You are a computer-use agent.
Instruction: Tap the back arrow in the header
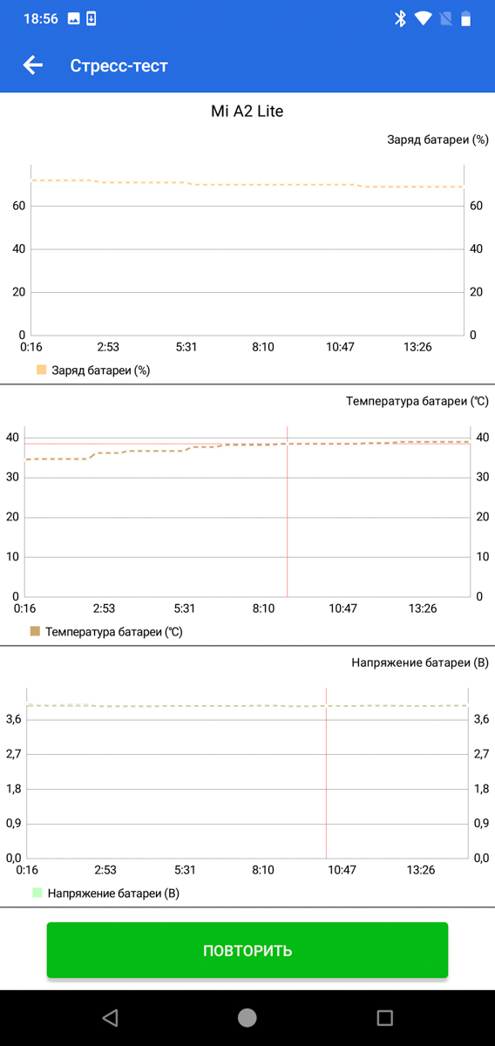pos(33,65)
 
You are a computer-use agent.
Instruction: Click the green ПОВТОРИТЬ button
pos(247,950)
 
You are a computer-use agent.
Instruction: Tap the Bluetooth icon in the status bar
pos(400,18)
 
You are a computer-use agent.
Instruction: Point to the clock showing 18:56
pos(41,18)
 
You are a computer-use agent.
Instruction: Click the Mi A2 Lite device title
pos(247,112)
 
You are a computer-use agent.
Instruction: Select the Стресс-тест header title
pos(119,66)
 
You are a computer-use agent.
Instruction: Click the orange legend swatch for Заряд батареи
pos(42,370)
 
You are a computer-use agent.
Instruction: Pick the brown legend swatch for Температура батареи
pos(35,631)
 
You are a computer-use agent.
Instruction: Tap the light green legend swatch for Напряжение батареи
pos(37,893)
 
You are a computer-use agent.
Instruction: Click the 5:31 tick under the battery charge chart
pos(186,347)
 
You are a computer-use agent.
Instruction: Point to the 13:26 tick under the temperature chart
pos(423,608)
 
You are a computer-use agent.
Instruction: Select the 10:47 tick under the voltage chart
pos(342,870)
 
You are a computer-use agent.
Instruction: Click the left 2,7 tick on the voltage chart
pos(14,754)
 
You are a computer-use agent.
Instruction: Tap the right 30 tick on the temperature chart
pos(483,477)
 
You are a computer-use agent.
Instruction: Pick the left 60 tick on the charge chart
pos(18,206)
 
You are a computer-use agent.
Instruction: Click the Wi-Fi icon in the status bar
pos(423,18)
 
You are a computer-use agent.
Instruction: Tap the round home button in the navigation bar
pos(247,1018)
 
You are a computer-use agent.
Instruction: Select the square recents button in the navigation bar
pos(385,1018)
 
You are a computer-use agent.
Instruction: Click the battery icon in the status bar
pos(465,18)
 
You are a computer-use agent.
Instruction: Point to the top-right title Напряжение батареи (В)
pos(420,662)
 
